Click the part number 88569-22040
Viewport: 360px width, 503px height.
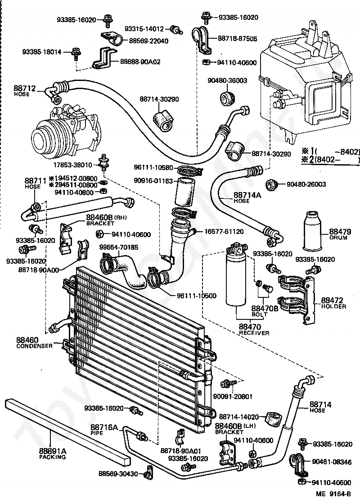148,41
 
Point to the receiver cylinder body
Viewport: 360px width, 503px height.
237,279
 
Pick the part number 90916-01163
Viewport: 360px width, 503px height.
153,180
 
